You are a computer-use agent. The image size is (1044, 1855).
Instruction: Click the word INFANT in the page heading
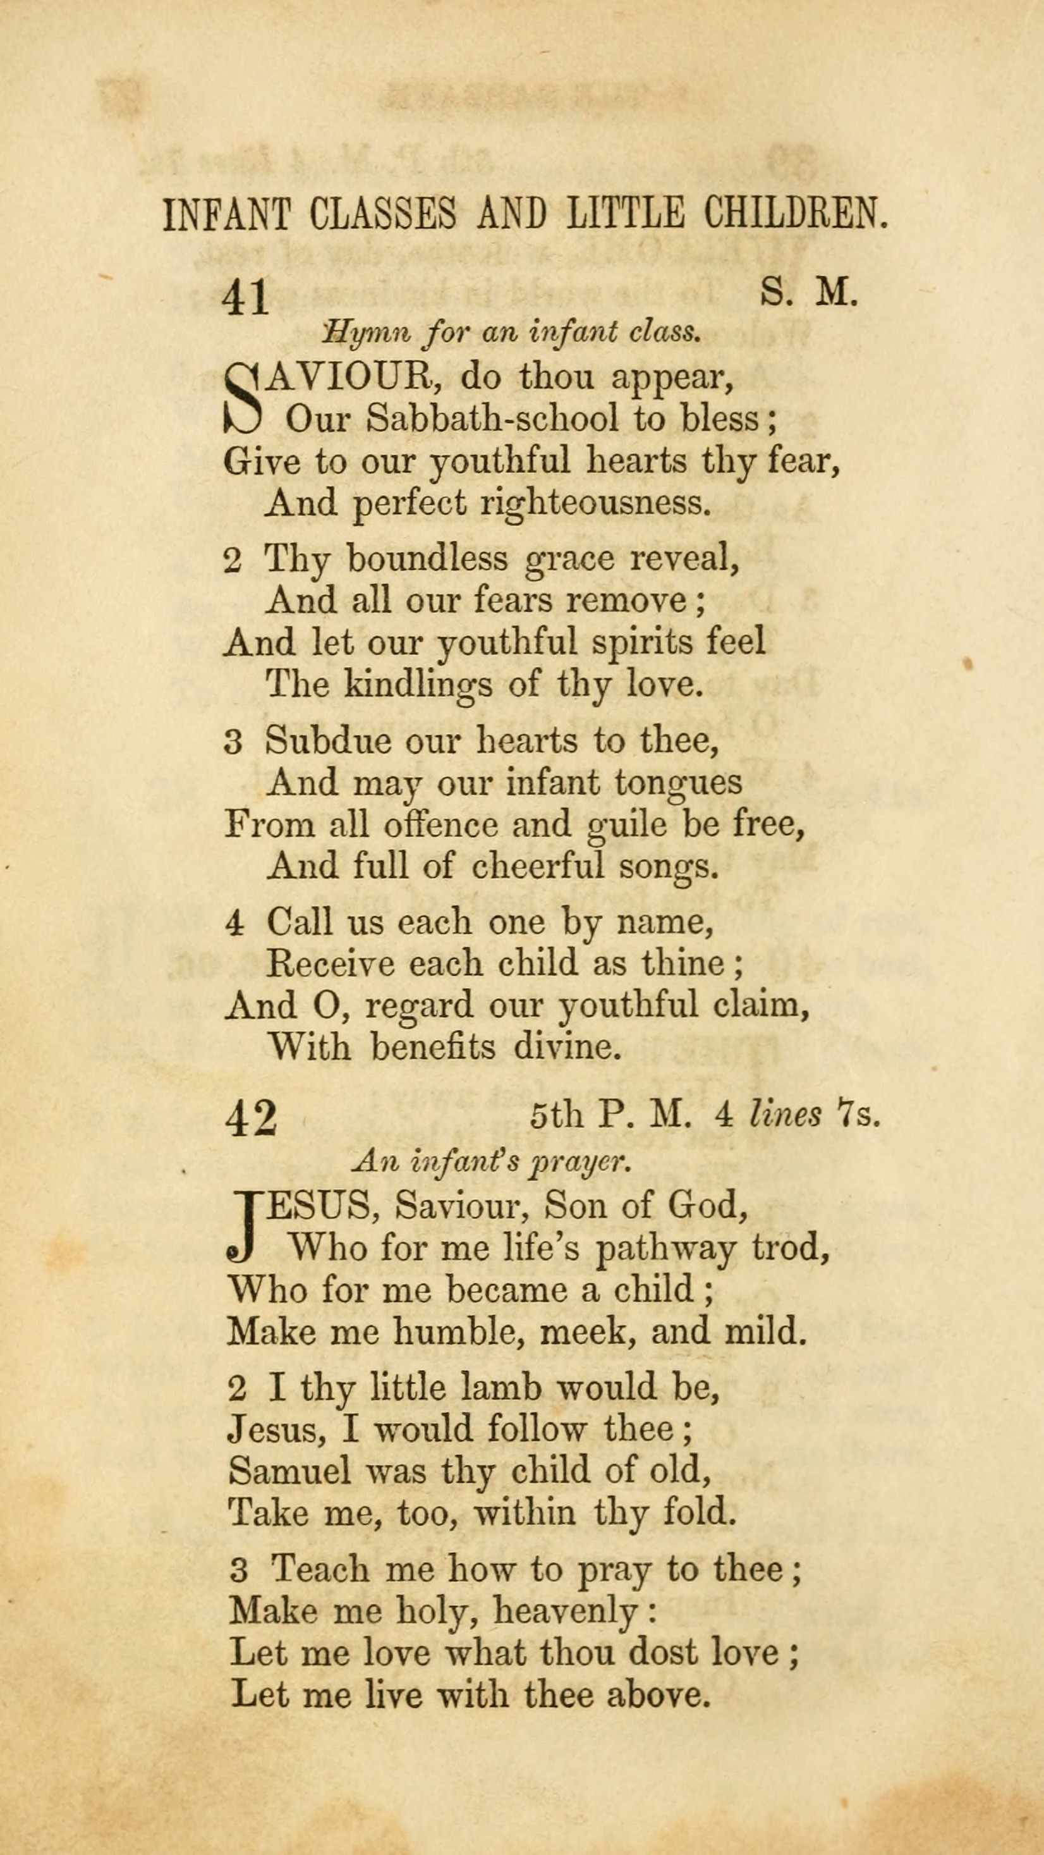point(226,214)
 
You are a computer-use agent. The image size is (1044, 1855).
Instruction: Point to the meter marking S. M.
point(808,294)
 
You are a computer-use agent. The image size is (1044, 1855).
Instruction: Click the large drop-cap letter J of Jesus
point(245,1227)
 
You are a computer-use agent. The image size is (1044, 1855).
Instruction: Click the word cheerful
point(538,866)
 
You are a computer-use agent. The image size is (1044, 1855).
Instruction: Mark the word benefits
point(433,1047)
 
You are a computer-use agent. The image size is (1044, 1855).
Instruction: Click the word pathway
point(665,1249)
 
